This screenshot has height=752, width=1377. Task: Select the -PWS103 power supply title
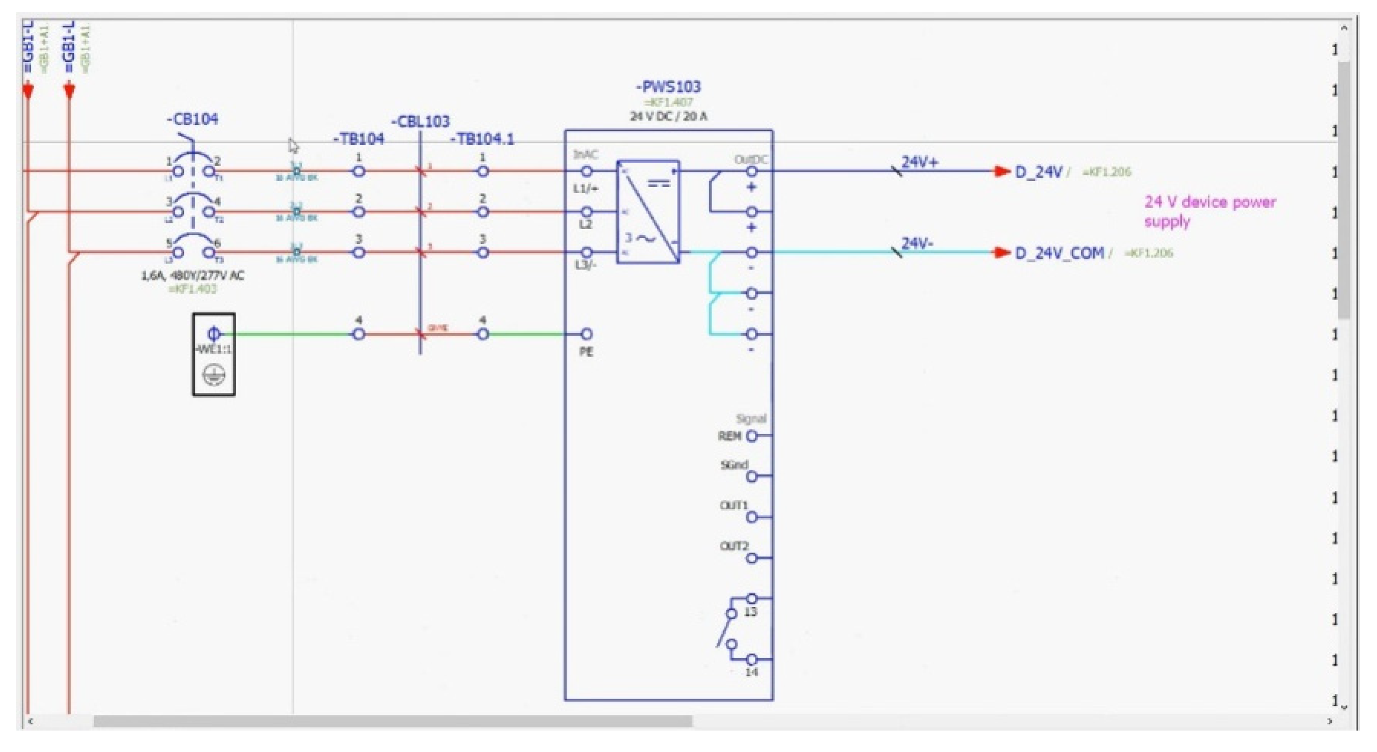pyautogui.click(x=668, y=87)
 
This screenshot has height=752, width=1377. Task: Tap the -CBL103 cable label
pyautogui.click(x=421, y=121)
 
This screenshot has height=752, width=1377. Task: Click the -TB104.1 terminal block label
pyautogui.click(x=482, y=140)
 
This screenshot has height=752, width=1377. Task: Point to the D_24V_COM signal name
pyautogui.click(x=1059, y=253)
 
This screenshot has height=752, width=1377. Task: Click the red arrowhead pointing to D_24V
pyautogui.click(x=1001, y=171)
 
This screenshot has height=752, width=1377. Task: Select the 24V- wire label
pyautogui.click(x=917, y=243)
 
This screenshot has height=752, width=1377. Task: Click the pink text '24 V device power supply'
pyautogui.click(x=1209, y=211)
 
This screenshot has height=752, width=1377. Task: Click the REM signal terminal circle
pyautogui.click(x=752, y=436)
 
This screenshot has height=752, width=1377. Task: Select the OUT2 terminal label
pyautogui.click(x=734, y=546)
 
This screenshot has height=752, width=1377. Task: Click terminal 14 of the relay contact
pyautogui.click(x=752, y=659)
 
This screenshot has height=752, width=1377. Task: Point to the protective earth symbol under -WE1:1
pyautogui.click(x=214, y=375)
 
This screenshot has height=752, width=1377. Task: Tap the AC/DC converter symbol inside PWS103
pyautogui.click(x=648, y=211)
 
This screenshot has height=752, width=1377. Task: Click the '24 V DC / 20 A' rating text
pyautogui.click(x=668, y=117)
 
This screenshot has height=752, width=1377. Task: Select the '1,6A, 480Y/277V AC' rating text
pyautogui.click(x=192, y=276)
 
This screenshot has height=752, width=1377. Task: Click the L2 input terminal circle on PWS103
pyautogui.click(x=586, y=211)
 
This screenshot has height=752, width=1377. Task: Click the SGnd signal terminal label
pyautogui.click(x=734, y=465)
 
